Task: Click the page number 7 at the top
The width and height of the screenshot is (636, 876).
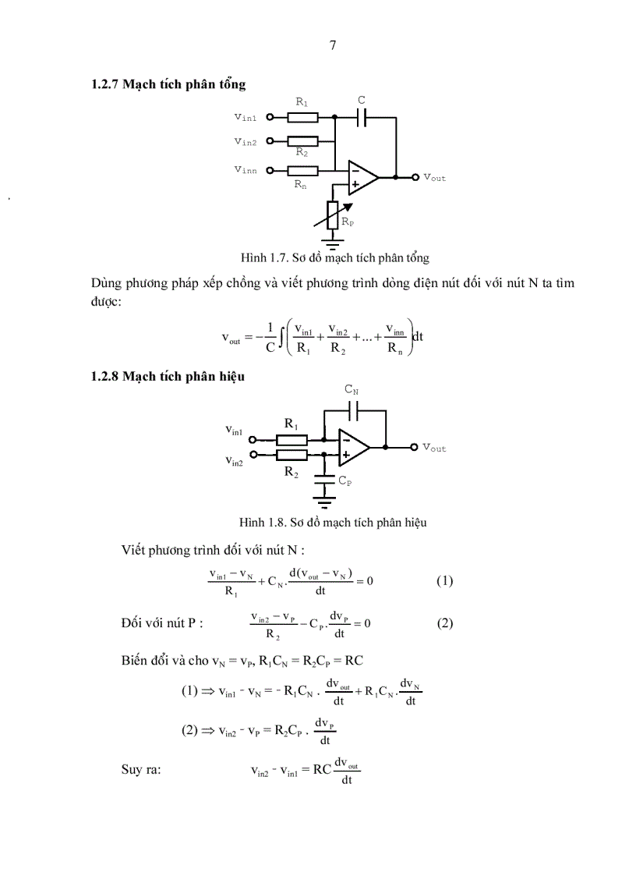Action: coord(333,45)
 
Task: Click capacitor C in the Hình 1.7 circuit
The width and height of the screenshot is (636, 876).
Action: coord(361,118)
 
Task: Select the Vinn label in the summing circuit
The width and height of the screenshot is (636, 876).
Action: coord(246,169)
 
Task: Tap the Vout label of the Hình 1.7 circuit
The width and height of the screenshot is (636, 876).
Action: coord(434,178)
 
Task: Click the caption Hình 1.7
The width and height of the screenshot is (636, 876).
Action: coord(335,257)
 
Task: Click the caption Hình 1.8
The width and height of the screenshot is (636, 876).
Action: coord(333,522)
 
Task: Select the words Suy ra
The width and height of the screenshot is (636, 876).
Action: coord(141,770)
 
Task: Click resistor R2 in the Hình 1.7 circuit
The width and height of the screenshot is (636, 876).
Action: coord(302,141)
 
